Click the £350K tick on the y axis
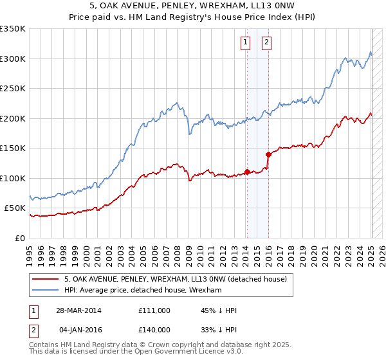pos(13,29)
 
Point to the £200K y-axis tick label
pos(13,118)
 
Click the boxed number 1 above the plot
pos(246,43)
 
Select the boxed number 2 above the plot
pos(266,43)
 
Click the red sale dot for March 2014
pos(247,172)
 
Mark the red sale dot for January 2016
pos(268,154)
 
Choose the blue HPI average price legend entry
pos(143,291)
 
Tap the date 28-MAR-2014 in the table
pos(80,310)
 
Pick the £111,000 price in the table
pos(154,310)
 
